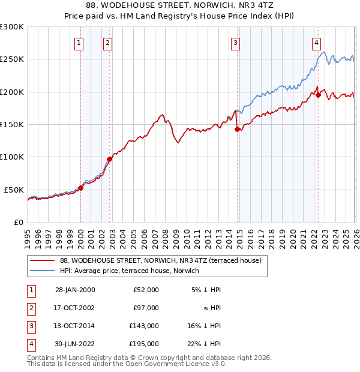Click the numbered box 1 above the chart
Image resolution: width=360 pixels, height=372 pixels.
point(80,43)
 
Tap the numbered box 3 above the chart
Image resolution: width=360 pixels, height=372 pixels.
point(236,43)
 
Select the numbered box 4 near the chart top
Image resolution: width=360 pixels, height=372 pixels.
point(316,43)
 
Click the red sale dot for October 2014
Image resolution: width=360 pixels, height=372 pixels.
point(237,129)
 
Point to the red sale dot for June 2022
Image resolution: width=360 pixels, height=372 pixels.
point(318,95)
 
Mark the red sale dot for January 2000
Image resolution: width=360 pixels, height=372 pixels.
point(80,188)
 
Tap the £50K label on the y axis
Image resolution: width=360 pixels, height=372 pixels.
point(14,190)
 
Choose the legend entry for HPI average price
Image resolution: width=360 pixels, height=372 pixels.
point(130,271)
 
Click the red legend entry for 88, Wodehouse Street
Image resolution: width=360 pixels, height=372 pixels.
point(160,260)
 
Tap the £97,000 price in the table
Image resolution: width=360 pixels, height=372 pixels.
point(146,307)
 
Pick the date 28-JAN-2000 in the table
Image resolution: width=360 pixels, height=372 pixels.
point(75,289)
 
